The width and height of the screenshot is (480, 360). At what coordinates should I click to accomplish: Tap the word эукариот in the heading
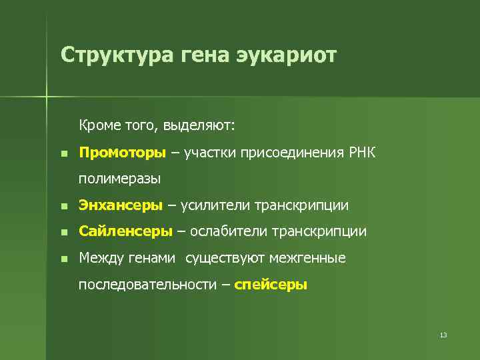[287, 55]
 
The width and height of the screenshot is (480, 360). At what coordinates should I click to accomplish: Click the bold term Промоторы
[122, 153]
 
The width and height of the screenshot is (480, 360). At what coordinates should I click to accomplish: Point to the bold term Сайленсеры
[126, 231]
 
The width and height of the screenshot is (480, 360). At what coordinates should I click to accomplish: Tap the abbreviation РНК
[362, 153]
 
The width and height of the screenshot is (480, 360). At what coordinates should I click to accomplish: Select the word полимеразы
[119, 179]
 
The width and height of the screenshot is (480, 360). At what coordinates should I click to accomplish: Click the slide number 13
[443, 335]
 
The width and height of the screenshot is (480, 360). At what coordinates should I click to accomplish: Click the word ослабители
[227, 231]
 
